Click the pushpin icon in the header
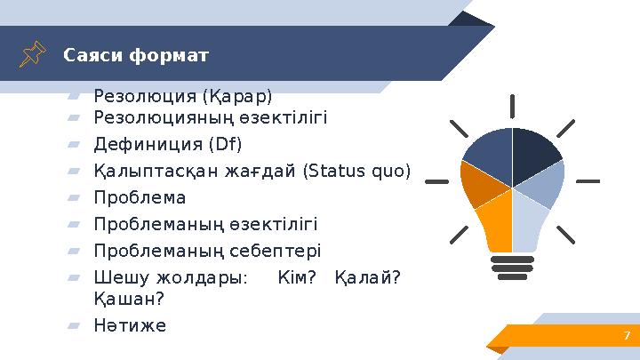(33, 55)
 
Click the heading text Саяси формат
(136, 56)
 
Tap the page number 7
(627, 335)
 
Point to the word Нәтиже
(130, 325)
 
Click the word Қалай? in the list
(367, 277)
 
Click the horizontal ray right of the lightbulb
(588, 181)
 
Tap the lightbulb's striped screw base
(513, 268)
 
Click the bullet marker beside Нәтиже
(74, 326)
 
